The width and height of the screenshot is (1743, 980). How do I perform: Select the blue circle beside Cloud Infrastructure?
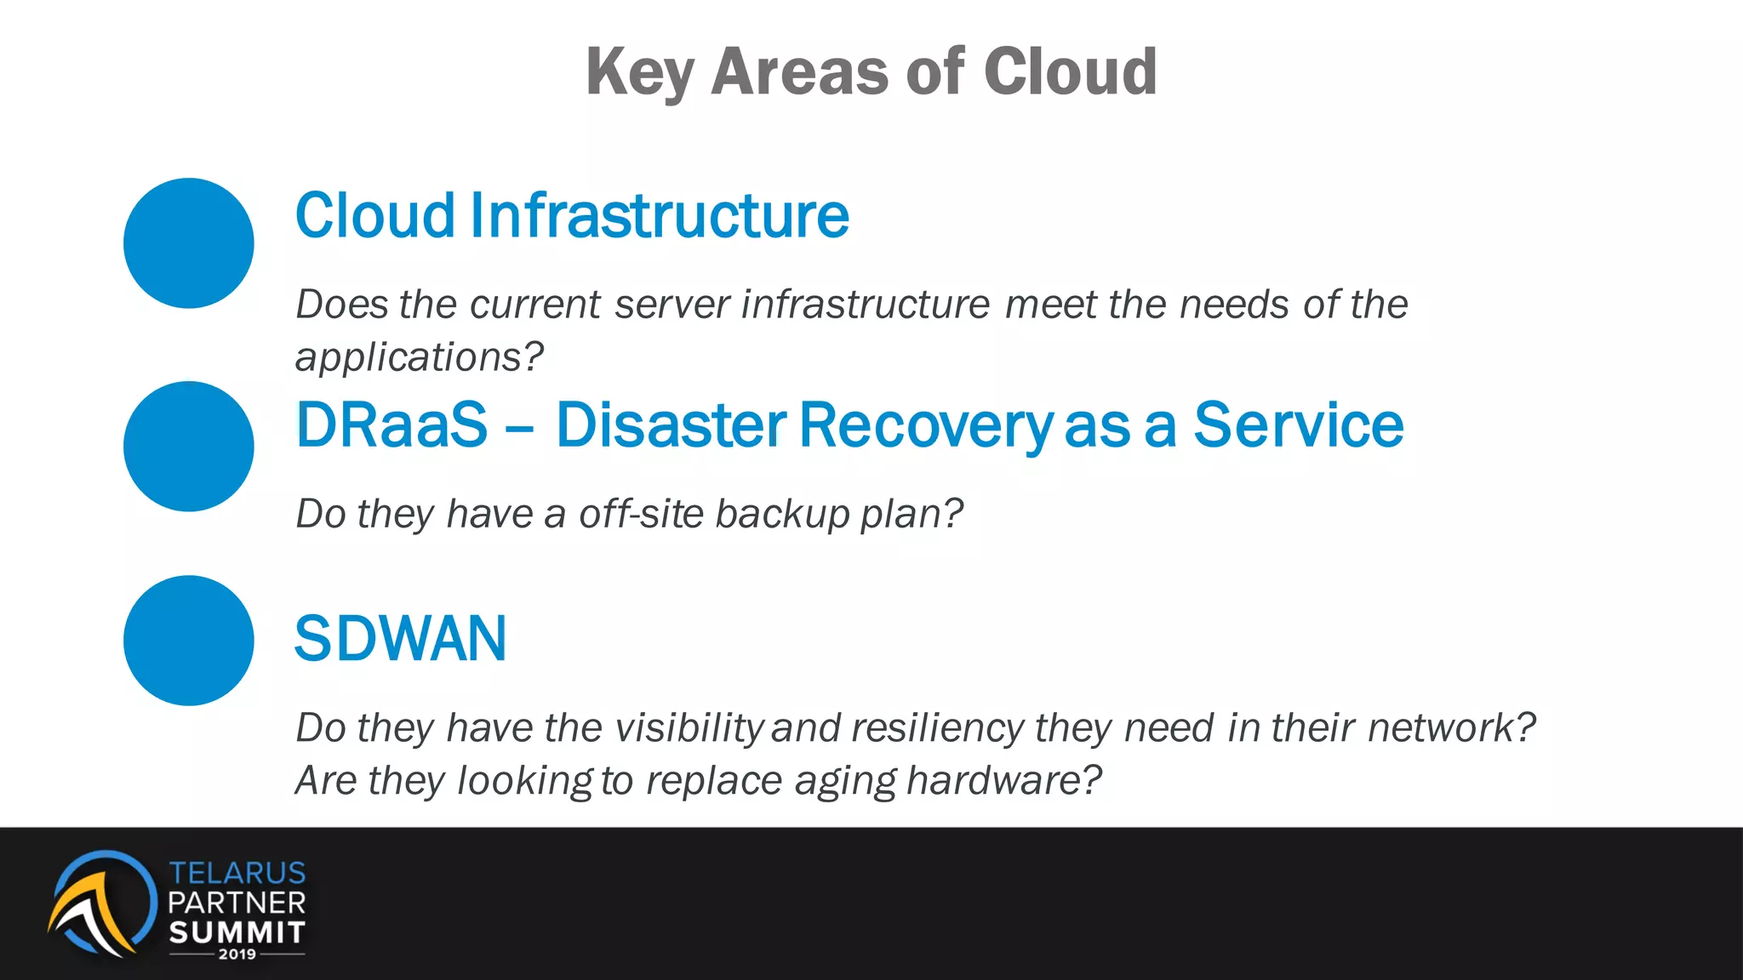coord(189,243)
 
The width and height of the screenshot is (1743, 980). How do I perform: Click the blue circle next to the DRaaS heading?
coord(189,447)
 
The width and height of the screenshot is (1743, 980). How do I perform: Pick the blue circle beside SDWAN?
coord(189,641)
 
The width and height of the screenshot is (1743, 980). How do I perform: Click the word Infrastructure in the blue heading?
coord(659,215)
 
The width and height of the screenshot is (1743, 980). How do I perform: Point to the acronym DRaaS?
coord(391,424)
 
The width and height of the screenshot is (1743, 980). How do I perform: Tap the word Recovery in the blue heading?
coord(925,424)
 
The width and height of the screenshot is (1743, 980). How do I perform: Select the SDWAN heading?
coord(400,639)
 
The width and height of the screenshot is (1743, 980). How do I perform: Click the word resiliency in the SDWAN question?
coord(937,728)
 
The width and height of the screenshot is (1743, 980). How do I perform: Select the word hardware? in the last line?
coord(1004,780)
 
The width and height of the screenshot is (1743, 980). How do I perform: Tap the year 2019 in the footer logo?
coord(237,954)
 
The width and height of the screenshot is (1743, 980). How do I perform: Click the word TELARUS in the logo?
coord(237,873)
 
